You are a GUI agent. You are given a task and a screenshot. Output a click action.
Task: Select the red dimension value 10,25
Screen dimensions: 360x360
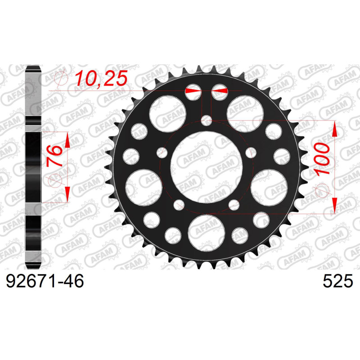click(x=101, y=78)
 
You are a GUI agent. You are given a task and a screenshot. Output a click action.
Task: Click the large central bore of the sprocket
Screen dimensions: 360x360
click(x=206, y=167)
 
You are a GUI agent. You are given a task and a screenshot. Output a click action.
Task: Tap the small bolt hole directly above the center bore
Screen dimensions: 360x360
click(x=207, y=120)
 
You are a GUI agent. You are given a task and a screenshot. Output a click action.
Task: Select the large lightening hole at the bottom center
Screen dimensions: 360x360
click(x=206, y=233)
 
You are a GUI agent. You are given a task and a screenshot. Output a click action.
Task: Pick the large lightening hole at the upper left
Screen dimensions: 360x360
click(x=167, y=114)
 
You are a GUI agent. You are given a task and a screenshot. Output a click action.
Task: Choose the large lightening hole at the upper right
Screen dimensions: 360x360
click(x=245, y=114)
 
